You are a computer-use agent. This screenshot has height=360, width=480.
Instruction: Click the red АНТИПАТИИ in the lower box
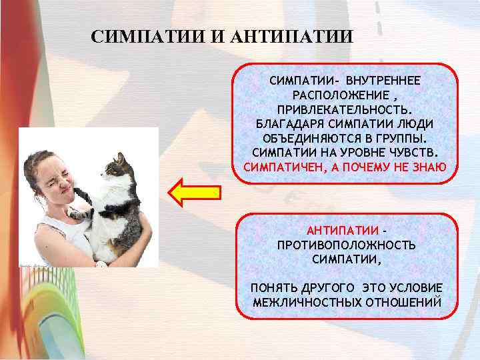pyautogui.click(x=341, y=231)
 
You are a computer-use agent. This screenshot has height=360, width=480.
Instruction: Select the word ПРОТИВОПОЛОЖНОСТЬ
pyautogui.click(x=346, y=245)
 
